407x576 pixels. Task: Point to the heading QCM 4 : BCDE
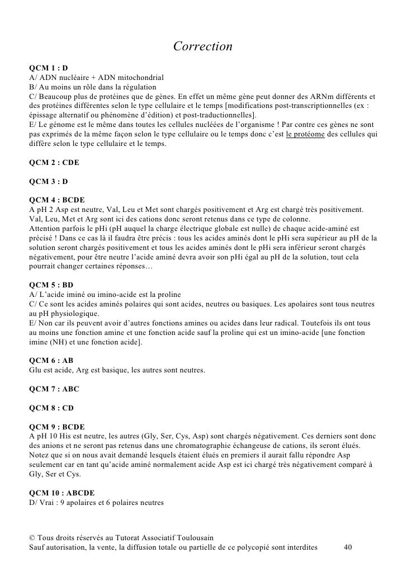coord(57,200)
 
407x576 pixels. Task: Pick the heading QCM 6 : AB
coord(51,361)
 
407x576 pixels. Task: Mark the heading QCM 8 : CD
coord(51,408)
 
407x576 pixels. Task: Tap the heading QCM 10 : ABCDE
coord(61,493)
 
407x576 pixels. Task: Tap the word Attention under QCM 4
coord(44,229)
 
